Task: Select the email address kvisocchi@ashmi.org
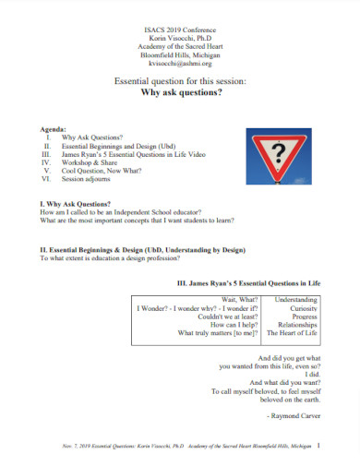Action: click(179, 65)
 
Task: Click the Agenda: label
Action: click(54, 129)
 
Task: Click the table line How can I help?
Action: click(234, 325)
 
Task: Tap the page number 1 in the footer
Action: click(317, 445)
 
